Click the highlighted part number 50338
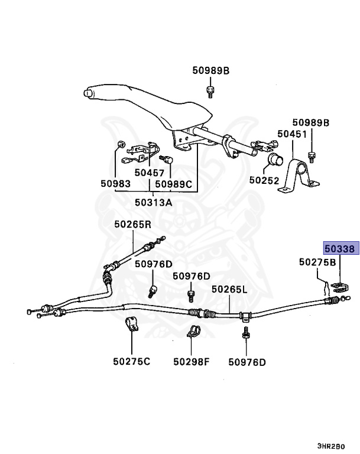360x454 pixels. coord(339,250)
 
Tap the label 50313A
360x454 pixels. coord(153,202)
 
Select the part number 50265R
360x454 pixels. coord(133,225)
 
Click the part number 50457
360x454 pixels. coord(150,173)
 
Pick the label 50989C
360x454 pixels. coord(174,184)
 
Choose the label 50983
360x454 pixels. coord(115,184)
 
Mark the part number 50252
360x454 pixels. coord(264,180)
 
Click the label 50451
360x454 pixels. coord(292,135)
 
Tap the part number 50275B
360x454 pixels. coord(317,262)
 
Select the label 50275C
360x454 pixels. coord(132,361)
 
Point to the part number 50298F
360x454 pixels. coord(192,361)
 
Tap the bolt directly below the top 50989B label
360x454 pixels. coord(210,91)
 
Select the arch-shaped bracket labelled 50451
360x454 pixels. coord(298,175)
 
